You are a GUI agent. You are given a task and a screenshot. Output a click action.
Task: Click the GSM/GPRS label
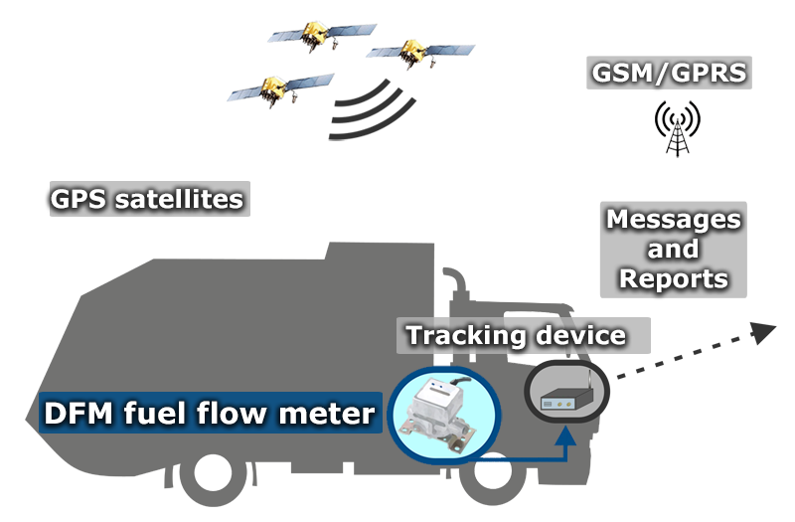coord(668,74)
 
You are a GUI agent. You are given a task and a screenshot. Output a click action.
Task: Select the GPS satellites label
coord(147,199)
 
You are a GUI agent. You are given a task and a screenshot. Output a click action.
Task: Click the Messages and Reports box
coord(673,249)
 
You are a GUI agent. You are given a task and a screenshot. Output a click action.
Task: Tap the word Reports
coord(673,279)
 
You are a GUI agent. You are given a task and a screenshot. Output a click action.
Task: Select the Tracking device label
coord(517,336)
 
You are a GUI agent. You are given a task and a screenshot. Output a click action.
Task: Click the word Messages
coord(673,218)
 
